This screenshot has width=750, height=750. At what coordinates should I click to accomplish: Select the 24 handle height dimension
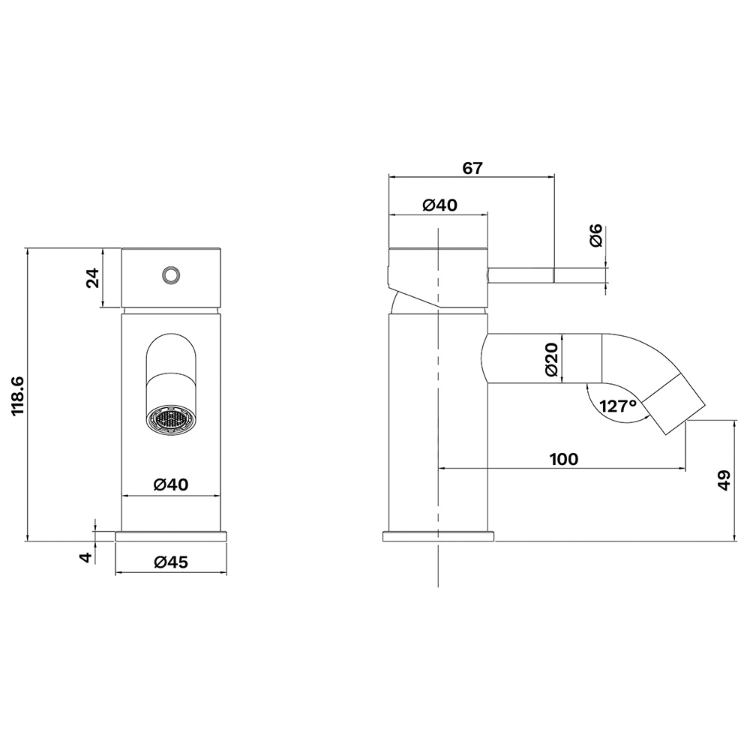92,278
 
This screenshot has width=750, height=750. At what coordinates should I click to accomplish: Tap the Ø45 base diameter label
171,562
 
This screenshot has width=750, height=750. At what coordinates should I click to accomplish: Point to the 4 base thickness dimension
85,556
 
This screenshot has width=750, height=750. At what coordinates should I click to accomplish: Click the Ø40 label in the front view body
171,484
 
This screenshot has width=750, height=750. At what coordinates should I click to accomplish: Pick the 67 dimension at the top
472,168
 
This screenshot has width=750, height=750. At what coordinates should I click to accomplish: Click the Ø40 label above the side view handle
440,205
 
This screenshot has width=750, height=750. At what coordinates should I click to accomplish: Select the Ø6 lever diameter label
596,235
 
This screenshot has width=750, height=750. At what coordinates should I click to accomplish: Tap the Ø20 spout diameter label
551,359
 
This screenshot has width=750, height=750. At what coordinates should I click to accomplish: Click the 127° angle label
618,406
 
